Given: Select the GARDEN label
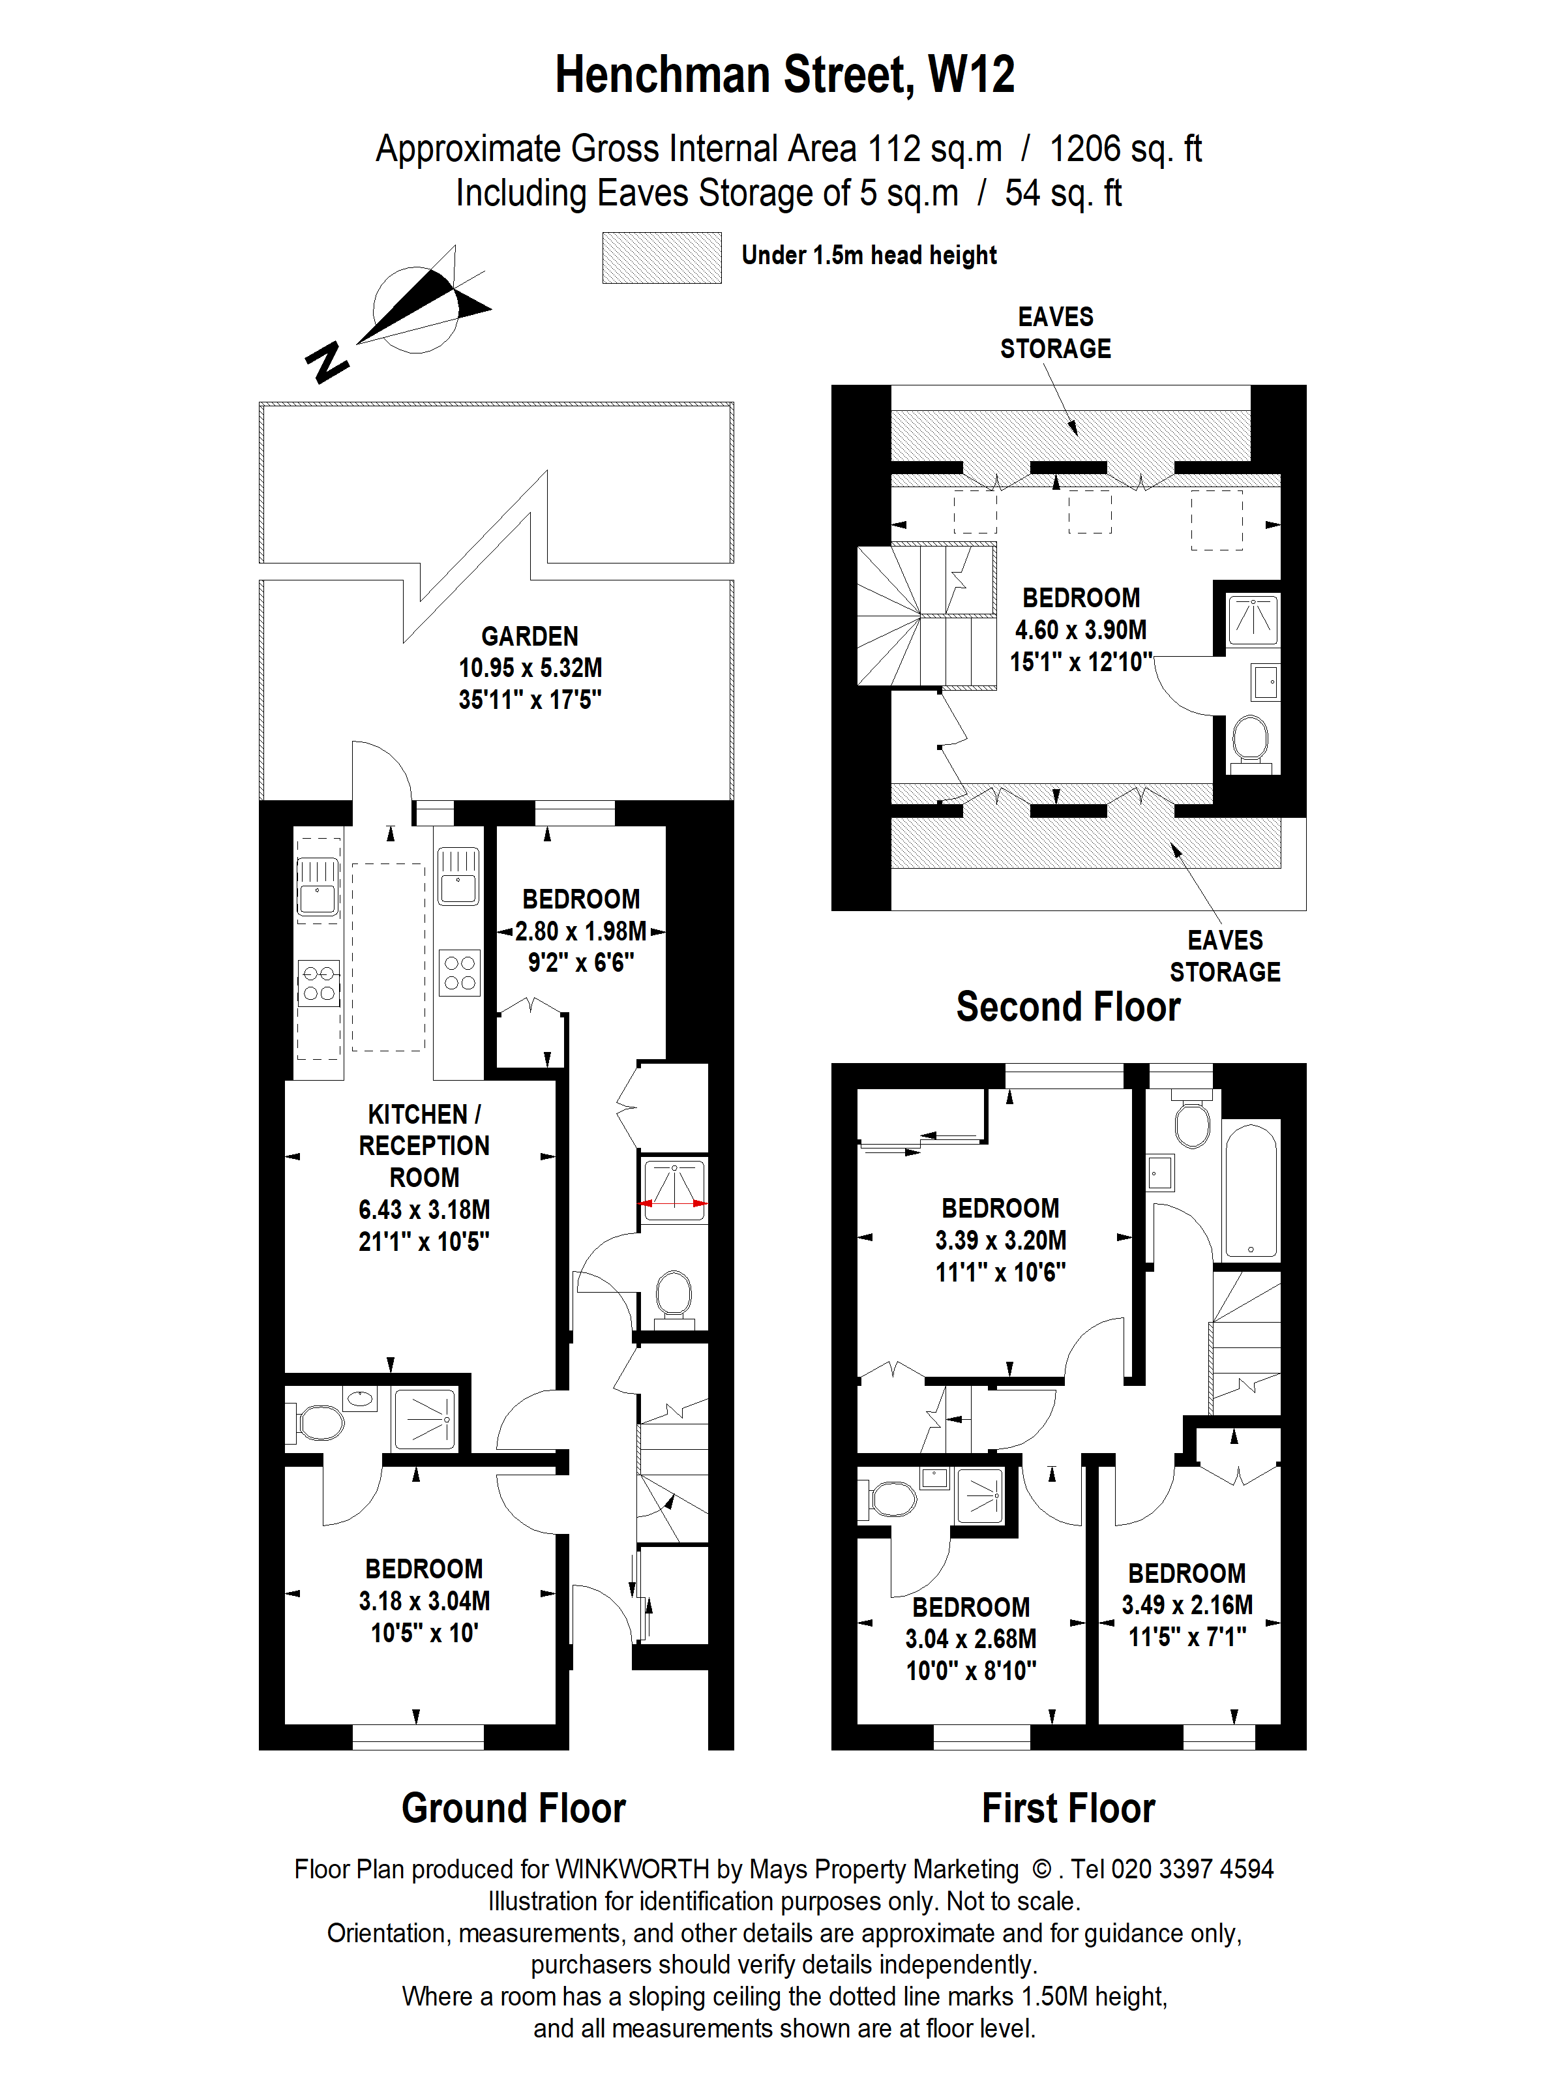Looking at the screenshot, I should pyautogui.click(x=529, y=636).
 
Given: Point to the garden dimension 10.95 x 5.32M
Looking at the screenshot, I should pyautogui.click(x=529, y=668).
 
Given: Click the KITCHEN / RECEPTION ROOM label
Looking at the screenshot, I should pyautogui.click(x=424, y=1145).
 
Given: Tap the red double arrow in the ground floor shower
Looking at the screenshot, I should pyautogui.click(x=672, y=1203).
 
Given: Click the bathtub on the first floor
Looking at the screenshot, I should pyautogui.click(x=1250, y=1191).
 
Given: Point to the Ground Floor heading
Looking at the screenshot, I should pyautogui.click(x=513, y=1809).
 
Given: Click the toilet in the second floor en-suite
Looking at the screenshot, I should pyautogui.click(x=1251, y=740).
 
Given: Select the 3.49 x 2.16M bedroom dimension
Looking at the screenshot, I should pyautogui.click(x=1187, y=1605).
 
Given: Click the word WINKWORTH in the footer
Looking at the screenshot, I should pyautogui.click(x=631, y=1869).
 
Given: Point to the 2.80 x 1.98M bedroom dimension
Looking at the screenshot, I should pyautogui.click(x=580, y=931).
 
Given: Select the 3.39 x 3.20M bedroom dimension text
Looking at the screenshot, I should pyautogui.click(x=1000, y=1240).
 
